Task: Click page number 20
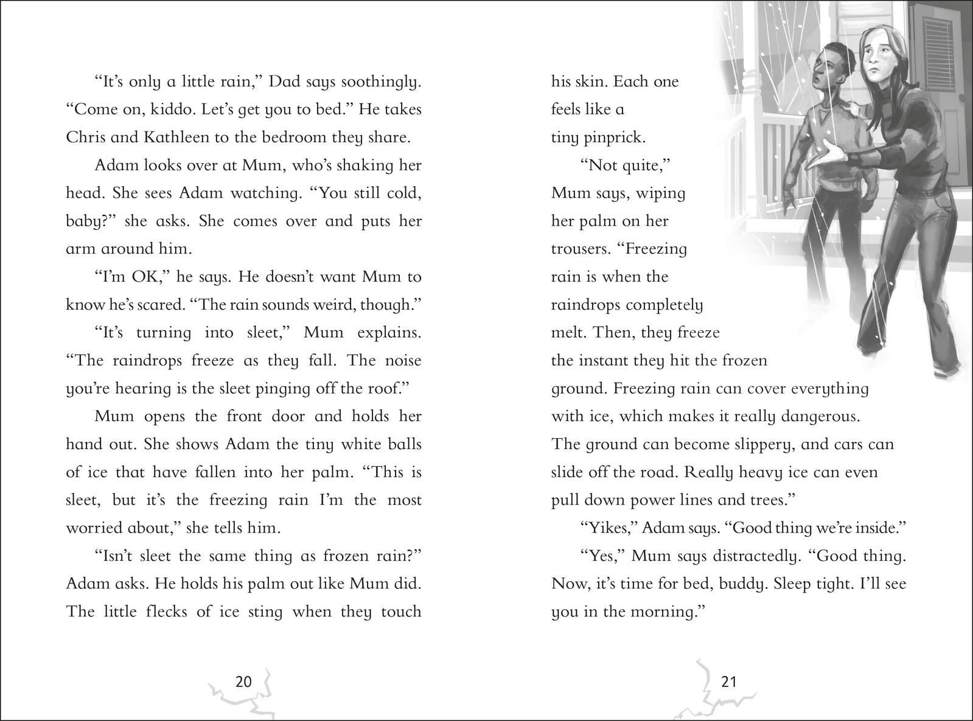243,681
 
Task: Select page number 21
728,681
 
